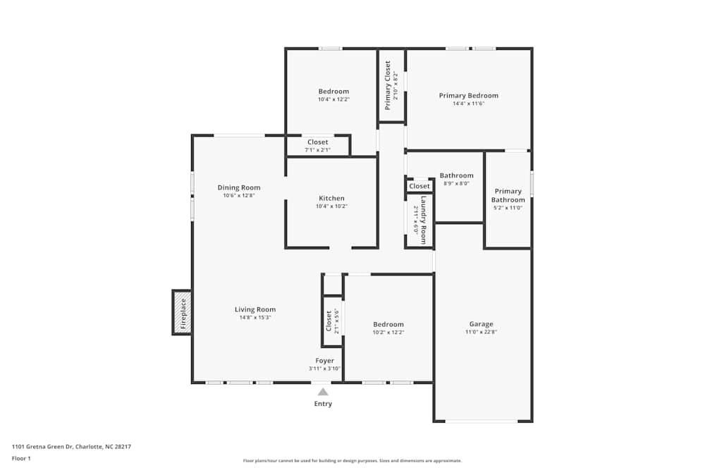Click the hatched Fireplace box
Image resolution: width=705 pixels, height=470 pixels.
pyautogui.click(x=182, y=312)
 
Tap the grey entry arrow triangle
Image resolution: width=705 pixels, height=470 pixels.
pyautogui.click(x=323, y=392)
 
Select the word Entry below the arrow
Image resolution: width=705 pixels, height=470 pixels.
pyautogui.click(x=323, y=404)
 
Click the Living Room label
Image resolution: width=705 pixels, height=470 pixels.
pyautogui.click(x=255, y=309)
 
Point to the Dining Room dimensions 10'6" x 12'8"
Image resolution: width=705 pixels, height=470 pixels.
pyautogui.click(x=238, y=195)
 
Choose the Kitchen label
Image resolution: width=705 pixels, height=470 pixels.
pyautogui.click(x=331, y=198)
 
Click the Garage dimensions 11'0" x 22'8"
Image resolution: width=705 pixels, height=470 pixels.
pyautogui.click(x=482, y=332)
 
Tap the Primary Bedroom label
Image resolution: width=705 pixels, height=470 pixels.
pyautogui.click(x=468, y=96)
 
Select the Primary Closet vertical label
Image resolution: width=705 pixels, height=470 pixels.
pyautogui.click(x=387, y=85)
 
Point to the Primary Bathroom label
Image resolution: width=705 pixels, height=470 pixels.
pyautogui.click(x=508, y=195)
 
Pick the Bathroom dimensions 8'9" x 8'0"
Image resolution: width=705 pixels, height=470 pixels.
pyautogui.click(x=457, y=183)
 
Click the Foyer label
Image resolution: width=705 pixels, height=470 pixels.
pyautogui.click(x=324, y=361)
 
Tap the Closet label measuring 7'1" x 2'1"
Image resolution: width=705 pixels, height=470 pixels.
pyautogui.click(x=317, y=142)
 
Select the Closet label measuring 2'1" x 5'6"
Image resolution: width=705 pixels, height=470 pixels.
pyautogui.click(x=329, y=321)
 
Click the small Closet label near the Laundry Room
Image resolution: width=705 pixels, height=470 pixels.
pyautogui.click(x=419, y=186)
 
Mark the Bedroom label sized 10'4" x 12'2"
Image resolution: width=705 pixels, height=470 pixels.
pyautogui.click(x=333, y=92)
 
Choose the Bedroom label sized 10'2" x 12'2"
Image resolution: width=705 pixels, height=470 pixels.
pyautogui.click(x=388, y=324)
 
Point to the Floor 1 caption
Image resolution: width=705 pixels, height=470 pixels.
pyautogui.click(x=21, y=458)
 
